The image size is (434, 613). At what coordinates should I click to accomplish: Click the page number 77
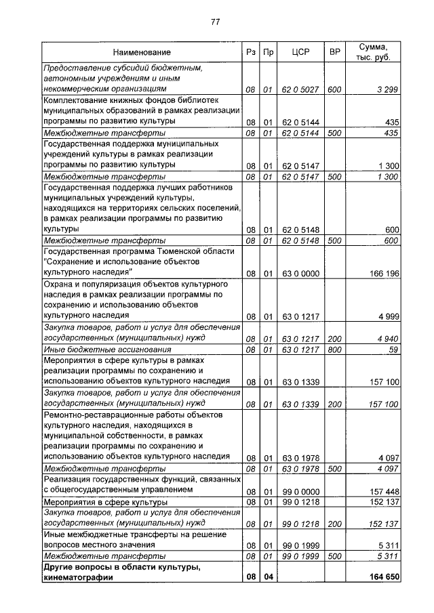(x=216, y=22)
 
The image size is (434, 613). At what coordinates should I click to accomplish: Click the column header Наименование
(x=142, y=52)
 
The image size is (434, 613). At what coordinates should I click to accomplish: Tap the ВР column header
(x=334, y=52)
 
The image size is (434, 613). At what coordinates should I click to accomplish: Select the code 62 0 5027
(x=300, y=89)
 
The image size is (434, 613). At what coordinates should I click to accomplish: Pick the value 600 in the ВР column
(x=334, y=89)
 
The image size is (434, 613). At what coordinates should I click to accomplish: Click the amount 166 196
(x=382, y=273)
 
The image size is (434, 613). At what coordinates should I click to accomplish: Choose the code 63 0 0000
(x=300, y=273)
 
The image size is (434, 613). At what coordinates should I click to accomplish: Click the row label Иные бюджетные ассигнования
(x=98, y=350)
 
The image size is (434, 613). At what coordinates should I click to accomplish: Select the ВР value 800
(x=334, y=350)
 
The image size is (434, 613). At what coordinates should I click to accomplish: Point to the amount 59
(x=393, y=350)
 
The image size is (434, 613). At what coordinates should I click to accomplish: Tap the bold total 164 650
(x=382, y=577)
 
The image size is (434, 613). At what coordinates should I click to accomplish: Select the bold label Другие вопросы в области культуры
(x=121, y=567)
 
